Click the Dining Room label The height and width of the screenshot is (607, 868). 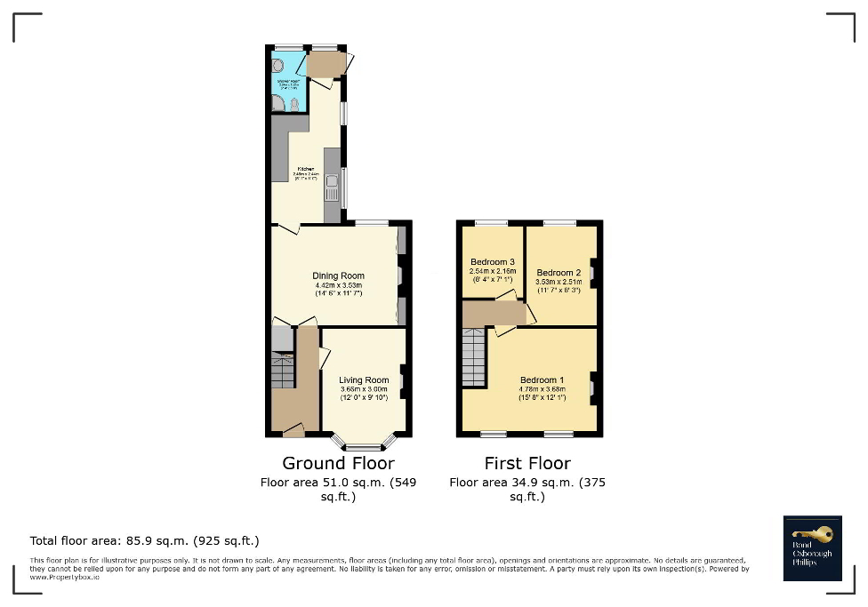338,276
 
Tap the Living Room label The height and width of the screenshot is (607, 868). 364,380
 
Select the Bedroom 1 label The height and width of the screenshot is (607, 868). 539,380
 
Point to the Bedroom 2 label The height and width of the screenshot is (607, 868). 559,273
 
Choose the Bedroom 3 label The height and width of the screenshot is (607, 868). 493,262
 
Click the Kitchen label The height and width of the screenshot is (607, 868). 305,169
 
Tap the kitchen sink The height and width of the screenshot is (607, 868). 332,188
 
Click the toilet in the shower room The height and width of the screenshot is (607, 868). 294,104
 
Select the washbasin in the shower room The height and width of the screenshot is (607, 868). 277,65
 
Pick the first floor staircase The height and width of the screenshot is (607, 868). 474,358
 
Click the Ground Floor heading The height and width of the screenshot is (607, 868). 338,463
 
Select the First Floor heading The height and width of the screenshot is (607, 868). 527,463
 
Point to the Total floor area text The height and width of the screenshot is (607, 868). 144,540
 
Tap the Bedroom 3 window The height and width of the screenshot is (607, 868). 491,222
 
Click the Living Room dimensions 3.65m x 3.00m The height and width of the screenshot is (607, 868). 364,389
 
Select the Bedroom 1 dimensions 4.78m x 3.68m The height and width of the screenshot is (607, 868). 539,389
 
